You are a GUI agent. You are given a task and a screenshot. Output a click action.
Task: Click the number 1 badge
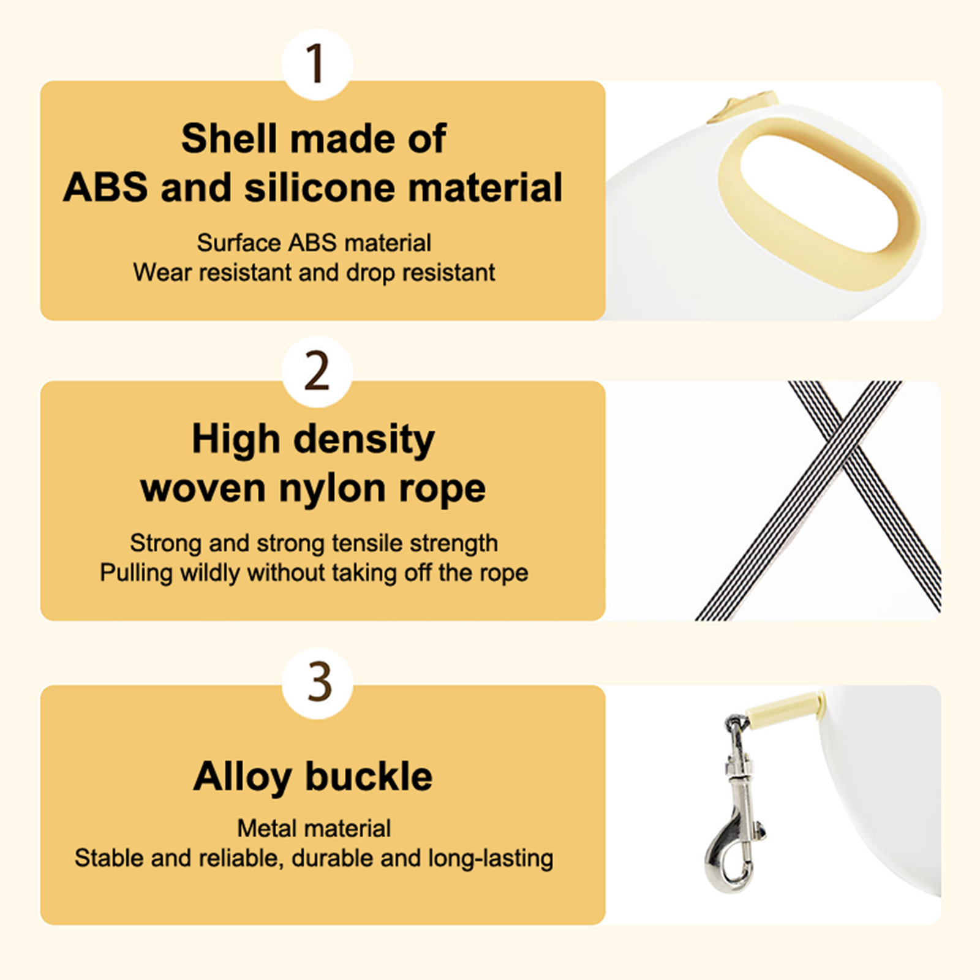coord(317,64)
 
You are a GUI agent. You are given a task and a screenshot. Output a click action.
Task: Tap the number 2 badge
coord(317,371)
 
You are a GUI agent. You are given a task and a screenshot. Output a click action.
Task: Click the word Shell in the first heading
coord(228,138)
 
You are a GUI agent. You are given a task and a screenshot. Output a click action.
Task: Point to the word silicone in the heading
coord(319,187)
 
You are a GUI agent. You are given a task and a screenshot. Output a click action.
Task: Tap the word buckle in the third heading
coord(369,777)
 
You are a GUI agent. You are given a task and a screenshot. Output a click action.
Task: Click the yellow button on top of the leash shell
coord(742,107)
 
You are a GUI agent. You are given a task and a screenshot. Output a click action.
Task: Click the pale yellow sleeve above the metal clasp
coord(786,706)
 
